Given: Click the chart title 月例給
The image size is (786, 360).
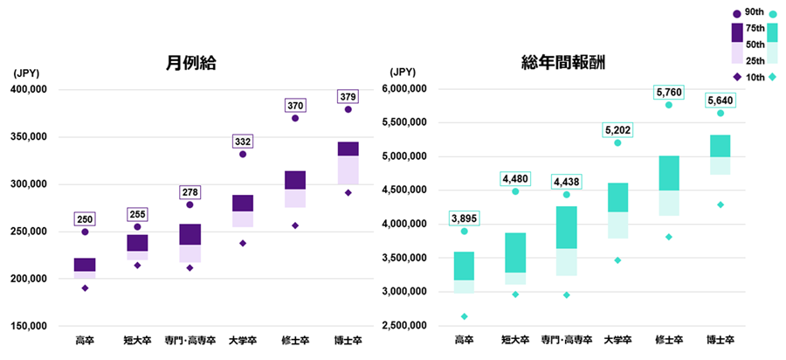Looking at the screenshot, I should (x=190, y=63).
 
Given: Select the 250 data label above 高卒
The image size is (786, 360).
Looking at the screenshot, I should (x=85, y=219).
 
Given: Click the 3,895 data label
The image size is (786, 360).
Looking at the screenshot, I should (x=464, y=218).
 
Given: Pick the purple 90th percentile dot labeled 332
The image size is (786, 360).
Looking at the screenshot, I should (x=242, y=154).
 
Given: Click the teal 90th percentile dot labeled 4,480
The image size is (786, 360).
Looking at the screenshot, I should (x=515, y=191).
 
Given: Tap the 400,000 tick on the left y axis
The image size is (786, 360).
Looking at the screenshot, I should (x=36, y=89).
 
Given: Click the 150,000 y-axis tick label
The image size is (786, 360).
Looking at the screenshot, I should (x=36, y=326).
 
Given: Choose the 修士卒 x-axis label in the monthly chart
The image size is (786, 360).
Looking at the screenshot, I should (x=295, y=340).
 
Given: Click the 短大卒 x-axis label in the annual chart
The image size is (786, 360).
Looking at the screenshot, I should (x=515, y=340).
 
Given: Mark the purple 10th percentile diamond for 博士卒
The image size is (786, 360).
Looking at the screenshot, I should (x=348, y=193).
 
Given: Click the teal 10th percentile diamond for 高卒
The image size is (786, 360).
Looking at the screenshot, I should (x=464, y=316).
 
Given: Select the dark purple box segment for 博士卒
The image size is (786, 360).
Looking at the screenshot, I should (x=348, y=149).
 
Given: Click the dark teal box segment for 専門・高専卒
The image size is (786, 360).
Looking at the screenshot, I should (x=566, y=227).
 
